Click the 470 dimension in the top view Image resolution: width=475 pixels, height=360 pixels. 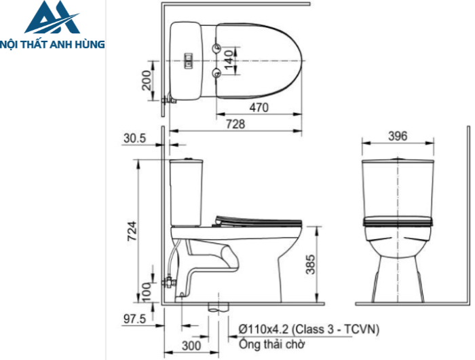pos(259,107)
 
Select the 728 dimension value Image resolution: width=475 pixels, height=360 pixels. pos(235,124)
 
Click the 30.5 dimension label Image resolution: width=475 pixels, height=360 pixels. pos(135,138)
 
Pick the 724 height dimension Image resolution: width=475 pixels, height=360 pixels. pos(133,232)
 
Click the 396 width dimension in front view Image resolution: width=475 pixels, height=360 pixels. pos(397,137)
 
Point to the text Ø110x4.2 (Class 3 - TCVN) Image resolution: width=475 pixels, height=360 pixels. pos(309,329)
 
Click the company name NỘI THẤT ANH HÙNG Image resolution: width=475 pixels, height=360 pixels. pos(53,44)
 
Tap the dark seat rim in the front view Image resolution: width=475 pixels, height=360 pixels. pos(398,221)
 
